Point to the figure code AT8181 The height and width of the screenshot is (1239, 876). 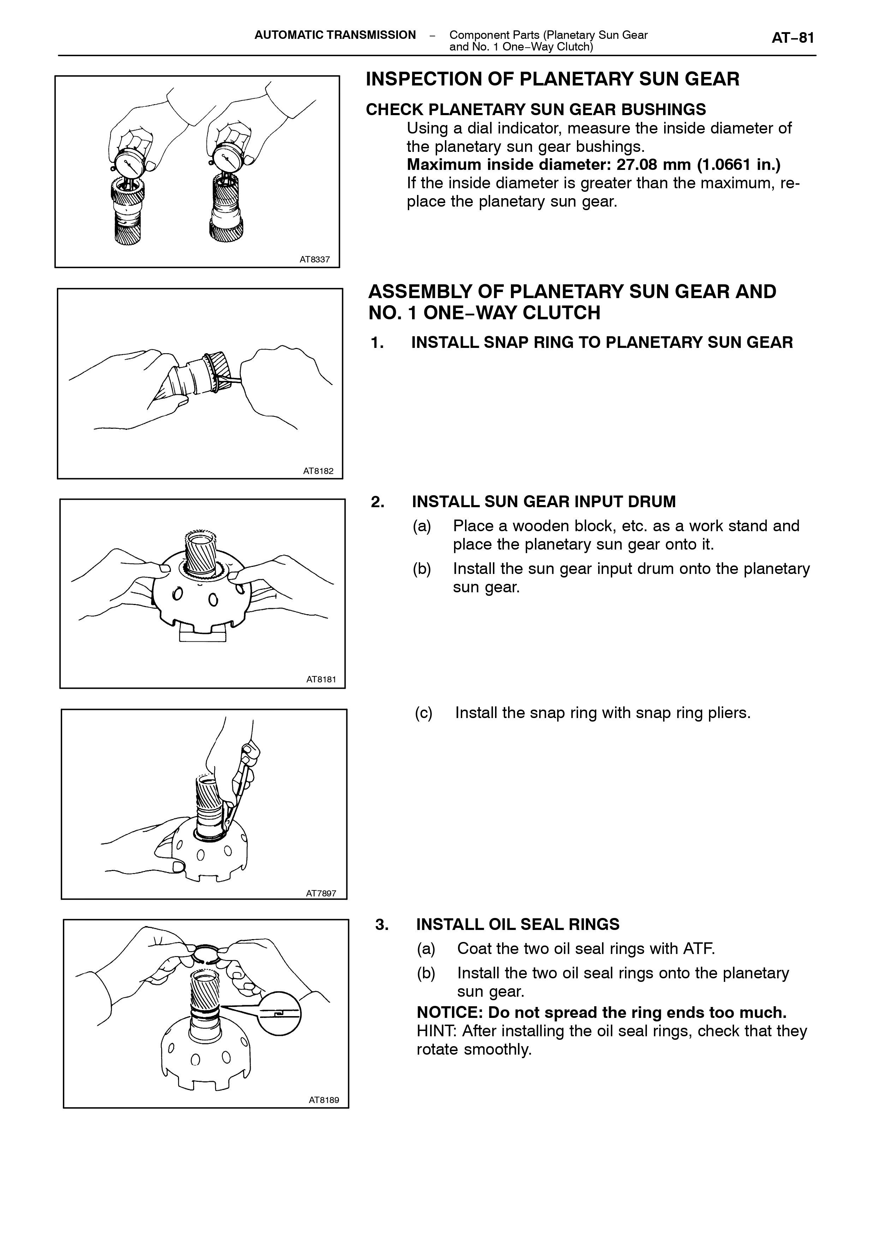click(x=321, y=680)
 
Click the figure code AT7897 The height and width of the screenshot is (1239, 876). click(x=321, y=893)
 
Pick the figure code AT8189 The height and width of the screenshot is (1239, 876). click(x=324, y=1100)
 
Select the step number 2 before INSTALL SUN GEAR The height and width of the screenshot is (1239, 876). click(x=377, y=502)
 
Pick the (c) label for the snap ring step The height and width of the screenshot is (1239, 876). click(x=424, y=713)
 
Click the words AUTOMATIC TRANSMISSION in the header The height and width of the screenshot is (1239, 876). click(x=335, y=35)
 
